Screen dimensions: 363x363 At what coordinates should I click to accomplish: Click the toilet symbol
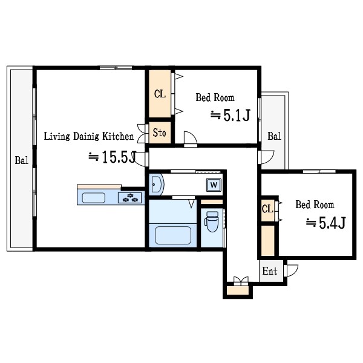click(212, 221)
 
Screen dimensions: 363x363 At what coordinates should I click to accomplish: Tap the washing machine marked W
click(214, 185)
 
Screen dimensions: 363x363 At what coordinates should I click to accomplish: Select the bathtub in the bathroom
click(173, 235)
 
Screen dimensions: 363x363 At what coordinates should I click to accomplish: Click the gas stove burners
click(129, 198)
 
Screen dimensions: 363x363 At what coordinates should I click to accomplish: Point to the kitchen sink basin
click(94, 198)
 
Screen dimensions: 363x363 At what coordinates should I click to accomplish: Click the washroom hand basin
click(157, 185)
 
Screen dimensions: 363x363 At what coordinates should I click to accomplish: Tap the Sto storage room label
click(159, 133)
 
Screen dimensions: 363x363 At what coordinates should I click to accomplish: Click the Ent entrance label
click(270, 271)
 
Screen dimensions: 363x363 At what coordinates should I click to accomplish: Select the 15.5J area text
click(113, 157)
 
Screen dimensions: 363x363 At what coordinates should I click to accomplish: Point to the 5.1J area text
click(231, 116)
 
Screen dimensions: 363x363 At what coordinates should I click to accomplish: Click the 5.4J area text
click(326, 223)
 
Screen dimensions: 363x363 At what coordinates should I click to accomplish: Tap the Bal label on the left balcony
click(22, 160)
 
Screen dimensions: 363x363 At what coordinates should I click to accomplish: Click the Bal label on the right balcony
click(274, 136)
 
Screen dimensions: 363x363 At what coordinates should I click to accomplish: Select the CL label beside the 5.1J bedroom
click(160, 94)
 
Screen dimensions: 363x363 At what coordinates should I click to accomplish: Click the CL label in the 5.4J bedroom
click(267, 209)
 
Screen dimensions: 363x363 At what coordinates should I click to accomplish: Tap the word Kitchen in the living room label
click(118, 136)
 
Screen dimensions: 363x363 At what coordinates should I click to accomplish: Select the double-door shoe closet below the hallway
click(238, 290)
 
